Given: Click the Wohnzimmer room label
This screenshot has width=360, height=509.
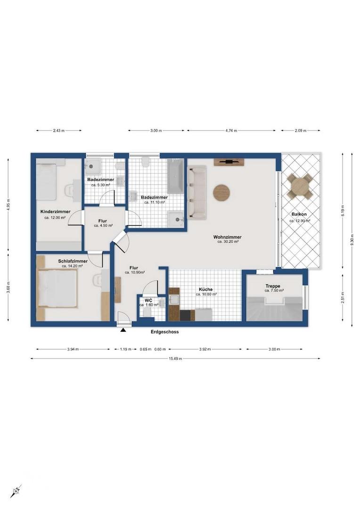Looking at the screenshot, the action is pos(227,237).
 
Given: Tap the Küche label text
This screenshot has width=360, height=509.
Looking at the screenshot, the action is pos(206,289).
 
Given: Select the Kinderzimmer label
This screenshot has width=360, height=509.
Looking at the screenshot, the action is pos(55,212).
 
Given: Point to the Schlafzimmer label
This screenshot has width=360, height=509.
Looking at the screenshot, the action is pos(73,261).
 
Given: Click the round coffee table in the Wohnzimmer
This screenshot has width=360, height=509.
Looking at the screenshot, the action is pos(221,192).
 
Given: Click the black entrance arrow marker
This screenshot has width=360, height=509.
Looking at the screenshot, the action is pos(123,330).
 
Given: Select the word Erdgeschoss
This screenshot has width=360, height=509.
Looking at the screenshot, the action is pos(164,332).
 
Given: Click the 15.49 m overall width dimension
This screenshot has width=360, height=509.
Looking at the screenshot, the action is pos(175,359).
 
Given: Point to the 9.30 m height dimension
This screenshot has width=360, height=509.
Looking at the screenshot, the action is pos(352,239).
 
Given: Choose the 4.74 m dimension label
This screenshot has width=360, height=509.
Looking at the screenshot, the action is pos(231,131).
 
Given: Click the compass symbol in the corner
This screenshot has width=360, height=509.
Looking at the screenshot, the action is pos(16,491).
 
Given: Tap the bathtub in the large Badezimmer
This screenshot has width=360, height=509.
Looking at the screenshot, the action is pos(176,176).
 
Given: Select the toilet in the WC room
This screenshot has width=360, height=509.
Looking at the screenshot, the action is pos(147,312).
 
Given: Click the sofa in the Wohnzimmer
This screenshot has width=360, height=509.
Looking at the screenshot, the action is pos(196,192).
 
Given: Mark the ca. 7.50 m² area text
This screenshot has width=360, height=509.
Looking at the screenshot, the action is pos(274,290).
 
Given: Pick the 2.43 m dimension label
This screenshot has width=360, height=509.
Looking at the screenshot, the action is pos(59,131).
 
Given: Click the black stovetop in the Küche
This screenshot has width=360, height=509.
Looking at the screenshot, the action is pos(185,315).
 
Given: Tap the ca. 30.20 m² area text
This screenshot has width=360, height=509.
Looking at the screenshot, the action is pos(228,241).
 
